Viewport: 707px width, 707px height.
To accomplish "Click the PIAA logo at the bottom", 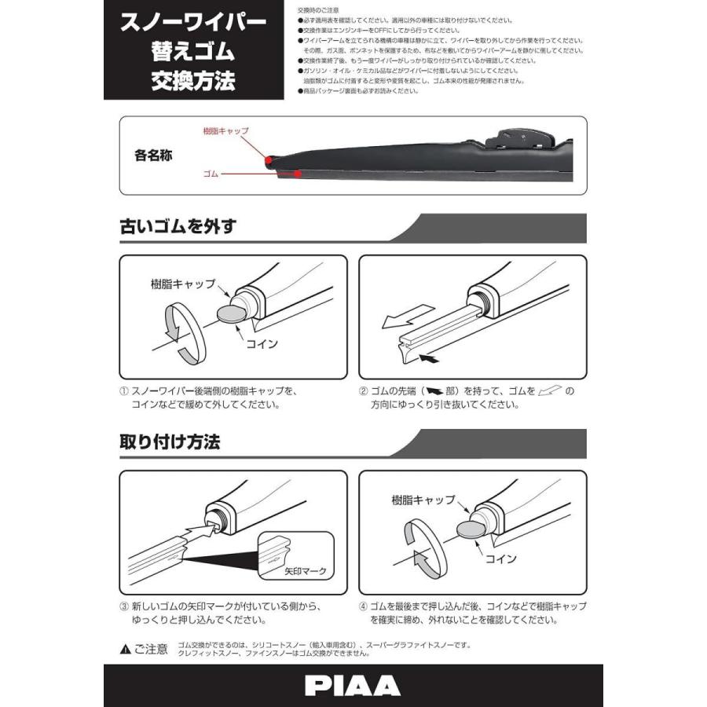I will [x=353, y=684].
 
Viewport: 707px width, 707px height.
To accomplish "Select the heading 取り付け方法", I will [x=170, y=441].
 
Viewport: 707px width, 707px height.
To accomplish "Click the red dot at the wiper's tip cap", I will [x=269, y=160].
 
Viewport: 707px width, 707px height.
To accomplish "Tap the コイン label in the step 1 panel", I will [x=262, y=343].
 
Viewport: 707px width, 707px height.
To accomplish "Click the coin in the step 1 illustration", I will [x=229, y=315].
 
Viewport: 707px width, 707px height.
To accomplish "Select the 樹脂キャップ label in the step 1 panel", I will [x=181, y=284].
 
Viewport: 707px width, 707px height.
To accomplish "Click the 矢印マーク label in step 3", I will [x=306, y=571].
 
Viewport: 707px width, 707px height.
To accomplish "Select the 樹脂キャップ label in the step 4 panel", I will [x=423, y=500].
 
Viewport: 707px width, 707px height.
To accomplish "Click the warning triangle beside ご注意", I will [x=125, y=650].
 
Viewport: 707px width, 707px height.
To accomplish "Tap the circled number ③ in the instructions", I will [x=124, y=607].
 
